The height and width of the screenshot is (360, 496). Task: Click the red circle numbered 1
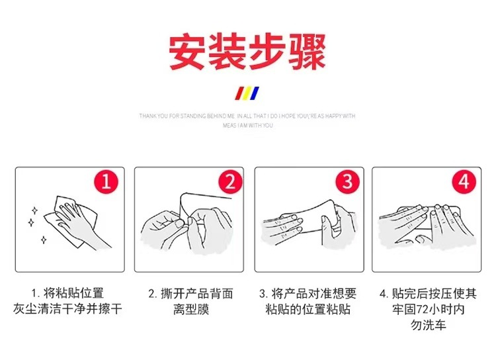coord(106,181)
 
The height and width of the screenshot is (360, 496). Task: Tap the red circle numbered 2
coord(226,181)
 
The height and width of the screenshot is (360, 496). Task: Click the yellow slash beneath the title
coord(247,92)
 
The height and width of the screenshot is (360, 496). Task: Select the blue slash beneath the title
coord(255,92)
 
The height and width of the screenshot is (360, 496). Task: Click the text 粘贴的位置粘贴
coord(309,309)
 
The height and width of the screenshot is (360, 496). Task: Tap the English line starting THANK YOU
coord(247,116)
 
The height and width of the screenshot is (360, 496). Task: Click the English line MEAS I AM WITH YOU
coord(247,125)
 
